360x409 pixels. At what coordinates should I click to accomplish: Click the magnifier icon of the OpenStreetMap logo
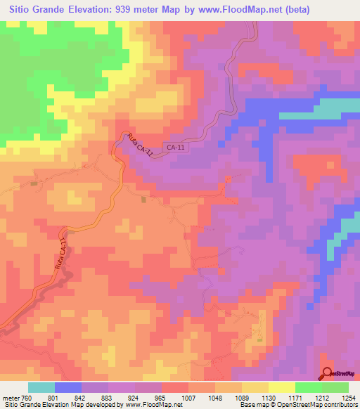coord(328,374)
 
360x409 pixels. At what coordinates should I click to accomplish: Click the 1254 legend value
coord(348,397)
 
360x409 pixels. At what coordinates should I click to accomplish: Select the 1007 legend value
coord(188,397)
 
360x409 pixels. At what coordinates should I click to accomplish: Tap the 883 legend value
coord(108,397)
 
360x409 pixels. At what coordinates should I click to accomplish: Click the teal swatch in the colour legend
coord(41,387)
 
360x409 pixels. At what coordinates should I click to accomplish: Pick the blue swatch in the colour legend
coord(67,387)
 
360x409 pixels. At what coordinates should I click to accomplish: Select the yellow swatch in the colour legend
coord(281,387)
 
